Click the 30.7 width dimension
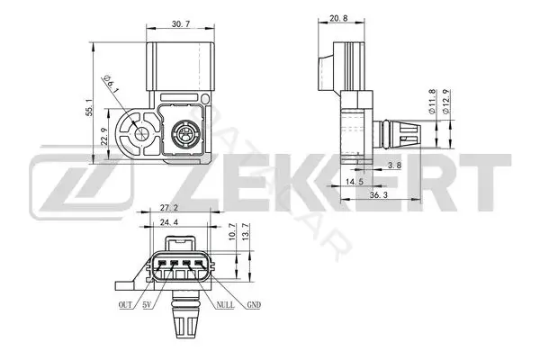pyautogui.click(x=181, y=24)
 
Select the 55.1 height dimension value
pyautogui.click(x=89, y=107)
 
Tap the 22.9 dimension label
pyautogui.click(x=105, y=137)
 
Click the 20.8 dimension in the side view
pyautogui.click(x=338, y=19)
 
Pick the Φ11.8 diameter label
pyautogui.click(x=432, y=102)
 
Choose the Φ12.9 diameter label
pyautogui.click(x=445, y=102)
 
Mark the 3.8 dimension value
pyautogui.click(x=394, y=166)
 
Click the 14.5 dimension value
pyautogui.click(x=355, y=182)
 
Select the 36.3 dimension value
pyautogui.click(x=379, y=195)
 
